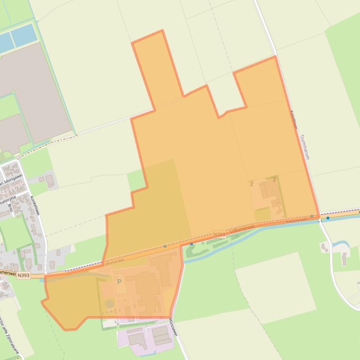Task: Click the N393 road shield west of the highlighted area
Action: pyautogui.click(x=23, y=275)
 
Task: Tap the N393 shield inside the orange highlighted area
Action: pyautogui.click(x=219, y=234)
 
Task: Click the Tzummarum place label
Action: pyautogui.click(x=305, y=147)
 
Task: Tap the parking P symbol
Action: pyautogui.click(x=119, y=282)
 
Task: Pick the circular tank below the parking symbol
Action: pyautogui.click(x=110, y=304)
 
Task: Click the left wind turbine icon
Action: pyautogui.click(x=251, y=183)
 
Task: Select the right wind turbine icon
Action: pyautogui.click(x=274, y=179)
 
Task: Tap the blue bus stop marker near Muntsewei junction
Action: pyautogui.click(x=191, y=244)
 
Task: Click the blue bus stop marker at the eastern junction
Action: pyautogui.click(x=328, y=218)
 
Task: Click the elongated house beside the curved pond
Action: pyautogui.click(x=344, y=259)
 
